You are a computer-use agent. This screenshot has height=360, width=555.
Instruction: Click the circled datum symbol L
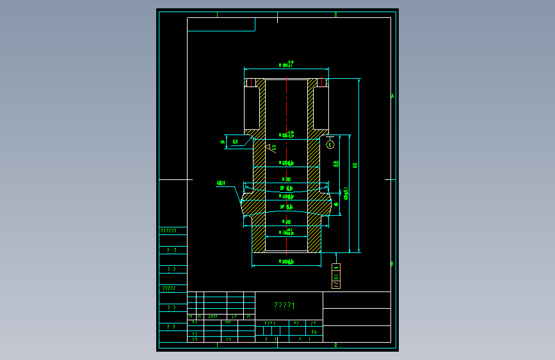point(330,144)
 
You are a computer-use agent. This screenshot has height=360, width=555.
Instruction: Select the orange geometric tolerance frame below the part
point(336,275)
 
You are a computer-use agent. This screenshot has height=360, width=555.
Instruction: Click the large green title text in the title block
point(284,306)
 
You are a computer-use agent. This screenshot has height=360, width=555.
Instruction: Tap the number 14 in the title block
point(314,332)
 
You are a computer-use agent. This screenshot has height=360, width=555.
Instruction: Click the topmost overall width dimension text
point(287,64)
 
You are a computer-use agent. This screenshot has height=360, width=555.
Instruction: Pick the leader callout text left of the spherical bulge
point(221,183)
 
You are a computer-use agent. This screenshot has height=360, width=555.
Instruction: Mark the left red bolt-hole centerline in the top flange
point(252,83)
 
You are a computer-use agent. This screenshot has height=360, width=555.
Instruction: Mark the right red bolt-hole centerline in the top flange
point(321,83)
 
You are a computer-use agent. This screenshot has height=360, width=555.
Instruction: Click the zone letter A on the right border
point(392,97)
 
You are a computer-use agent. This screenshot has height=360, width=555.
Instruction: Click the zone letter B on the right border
point(392,263)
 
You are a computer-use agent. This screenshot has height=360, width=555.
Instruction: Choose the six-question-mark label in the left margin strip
point(169,231)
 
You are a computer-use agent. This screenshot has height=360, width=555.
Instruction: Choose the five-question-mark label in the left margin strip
point(169,288)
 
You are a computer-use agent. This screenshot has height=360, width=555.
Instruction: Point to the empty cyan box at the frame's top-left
point(221,24)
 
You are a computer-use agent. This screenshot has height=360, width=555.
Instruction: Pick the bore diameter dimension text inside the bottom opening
point(287,233)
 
